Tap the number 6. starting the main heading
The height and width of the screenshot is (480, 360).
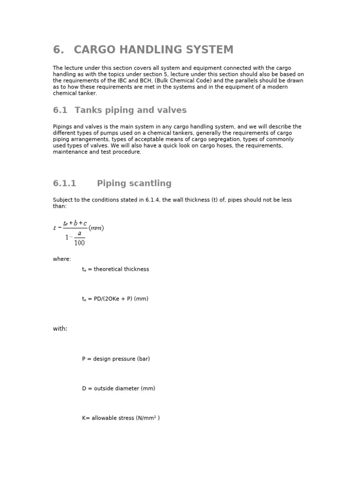point(58,50)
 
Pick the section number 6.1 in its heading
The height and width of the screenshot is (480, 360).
point(60,110)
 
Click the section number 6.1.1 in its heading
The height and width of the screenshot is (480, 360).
point(65,183)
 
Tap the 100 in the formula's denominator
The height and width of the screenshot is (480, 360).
point(79,243)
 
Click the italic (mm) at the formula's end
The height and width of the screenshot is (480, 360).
point(96,228)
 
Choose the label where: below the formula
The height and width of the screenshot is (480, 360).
point(62,259)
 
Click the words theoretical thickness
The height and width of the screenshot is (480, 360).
point(121,269)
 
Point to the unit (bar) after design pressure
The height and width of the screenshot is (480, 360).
point(143,359)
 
